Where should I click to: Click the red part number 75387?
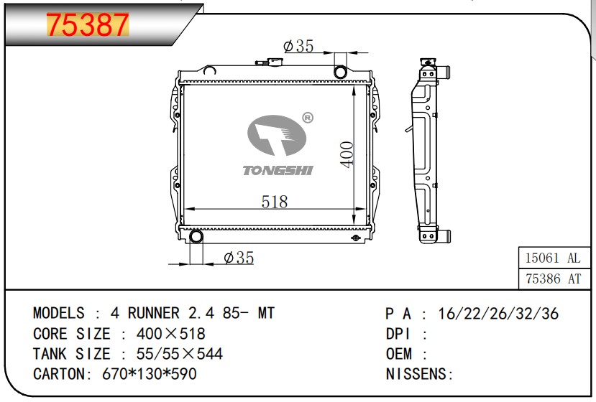coord(88,25)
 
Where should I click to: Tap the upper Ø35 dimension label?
coord(299,46)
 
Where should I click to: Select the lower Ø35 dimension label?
coord(239,258)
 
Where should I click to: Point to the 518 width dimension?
coord(275,202)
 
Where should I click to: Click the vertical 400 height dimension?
coord(347,154)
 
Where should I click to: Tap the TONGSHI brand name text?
coord(278,170)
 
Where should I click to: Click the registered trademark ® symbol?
coord(308,118)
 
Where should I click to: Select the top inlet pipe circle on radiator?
coord(340,72)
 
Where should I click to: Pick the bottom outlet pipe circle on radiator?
coord(196,236)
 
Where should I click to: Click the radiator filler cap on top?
coord(270,62)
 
